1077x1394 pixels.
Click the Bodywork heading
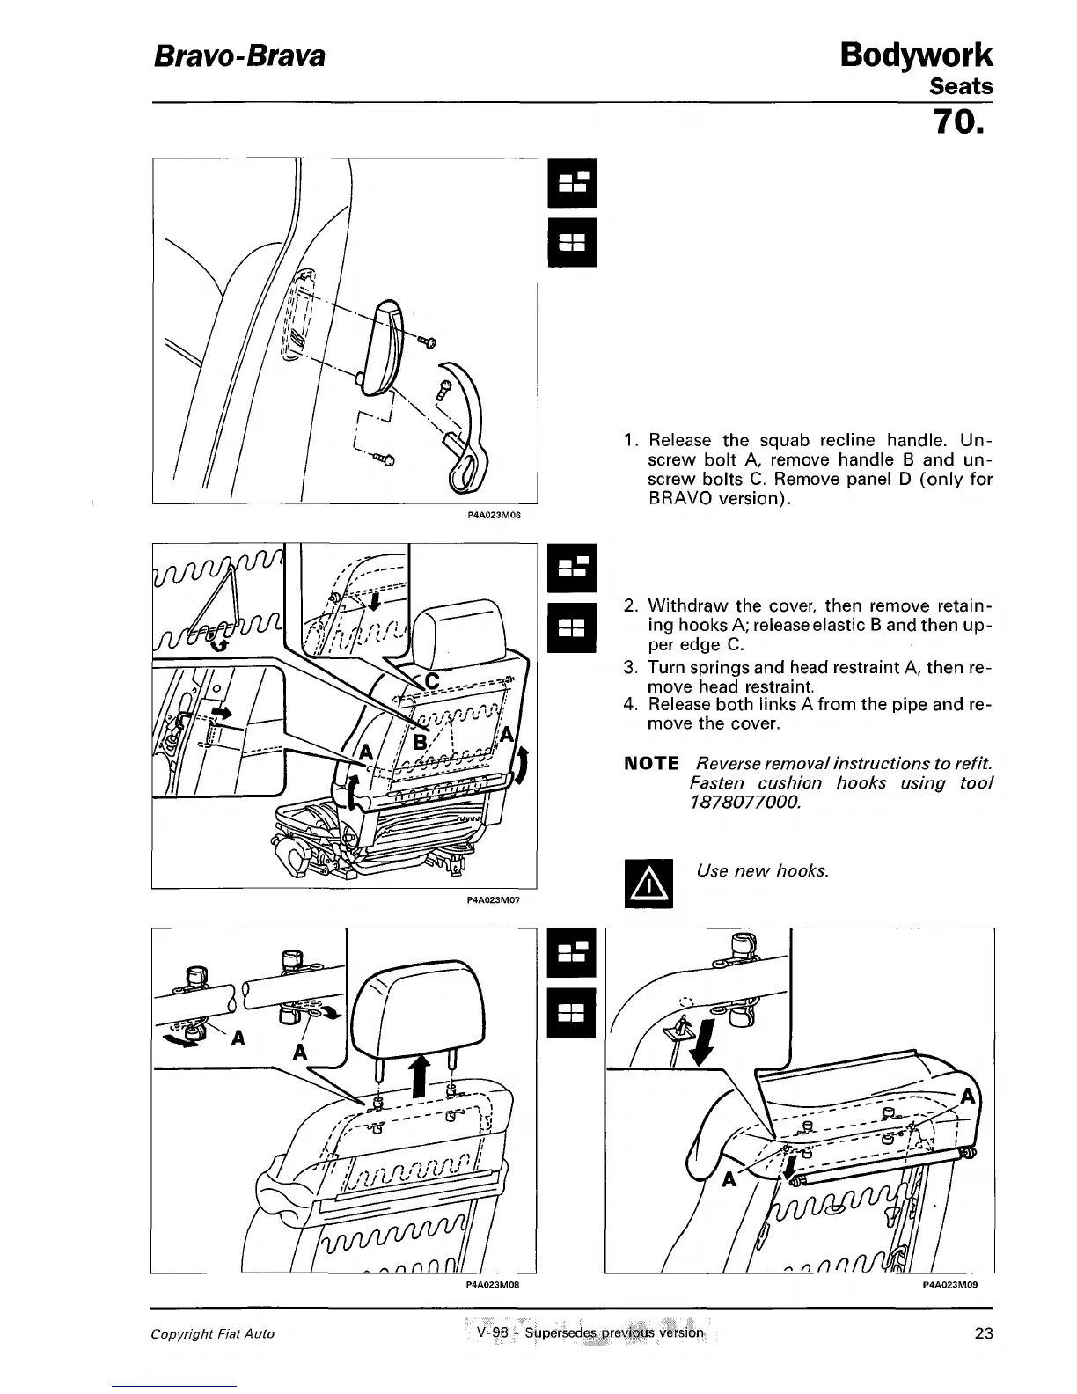(x=916, y=55)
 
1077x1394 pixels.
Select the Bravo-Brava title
(x=239, y=56)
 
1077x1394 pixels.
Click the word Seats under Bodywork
(x=961, y=86)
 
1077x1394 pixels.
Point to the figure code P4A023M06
(x=494, y=516)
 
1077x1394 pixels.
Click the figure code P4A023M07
(x=494, y=899)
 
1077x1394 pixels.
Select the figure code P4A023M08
(x=494, y=1284)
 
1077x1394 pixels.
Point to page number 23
(x=984, y=1333)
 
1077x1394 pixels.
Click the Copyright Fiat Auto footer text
(x=212, y=1334)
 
